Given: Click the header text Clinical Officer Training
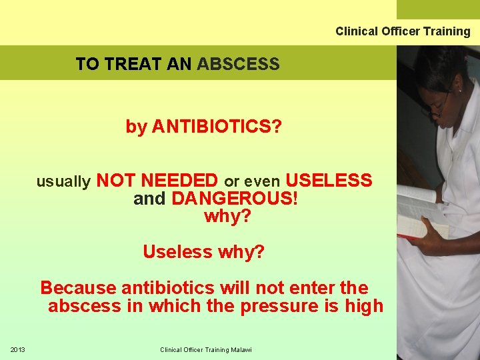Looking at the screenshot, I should pyautogui.click(x=403, y=31).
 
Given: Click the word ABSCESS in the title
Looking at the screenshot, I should pyautogui.click(x=238, y=65).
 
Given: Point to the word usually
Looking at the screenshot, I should pyautogui.click(x=63, y=181).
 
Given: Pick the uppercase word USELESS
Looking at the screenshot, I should pyautogui.click(x=329, y=181).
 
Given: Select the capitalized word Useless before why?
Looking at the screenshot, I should pyautogui.click(x=176, y=252).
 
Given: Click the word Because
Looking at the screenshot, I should pyautogui.click(x=78, y=288).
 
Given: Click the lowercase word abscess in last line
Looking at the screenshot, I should pyautogui.click(x=82, y=306).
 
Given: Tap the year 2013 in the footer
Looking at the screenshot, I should pyautogui.click(x=17, y=350).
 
